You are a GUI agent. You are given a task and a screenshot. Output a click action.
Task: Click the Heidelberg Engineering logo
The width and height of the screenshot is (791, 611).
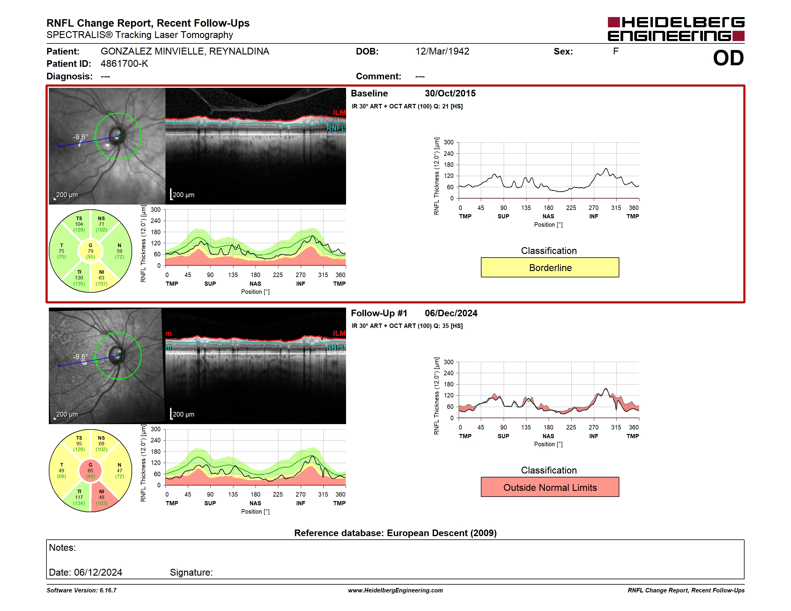[676, 29]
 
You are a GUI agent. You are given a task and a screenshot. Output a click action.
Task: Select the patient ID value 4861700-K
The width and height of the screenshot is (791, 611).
[124, 64]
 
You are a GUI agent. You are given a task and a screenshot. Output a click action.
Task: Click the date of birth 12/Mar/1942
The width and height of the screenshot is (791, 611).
[442, 52]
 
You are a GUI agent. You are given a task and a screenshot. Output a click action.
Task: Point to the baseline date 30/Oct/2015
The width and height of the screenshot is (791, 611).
[450, 93]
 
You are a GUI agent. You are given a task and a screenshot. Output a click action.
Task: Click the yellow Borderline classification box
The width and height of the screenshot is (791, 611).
[550, 267]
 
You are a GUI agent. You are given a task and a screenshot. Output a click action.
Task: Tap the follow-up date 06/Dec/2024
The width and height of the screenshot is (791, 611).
[451, 313]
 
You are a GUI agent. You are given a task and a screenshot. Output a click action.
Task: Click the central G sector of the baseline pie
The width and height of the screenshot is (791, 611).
[90, 251]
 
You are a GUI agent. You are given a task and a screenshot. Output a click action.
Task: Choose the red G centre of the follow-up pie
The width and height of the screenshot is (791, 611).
[90, 471]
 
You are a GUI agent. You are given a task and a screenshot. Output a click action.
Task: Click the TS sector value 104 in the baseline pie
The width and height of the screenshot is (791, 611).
[79, 224]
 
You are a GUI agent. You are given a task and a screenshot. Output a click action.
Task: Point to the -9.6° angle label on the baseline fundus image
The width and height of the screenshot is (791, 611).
[80, 137]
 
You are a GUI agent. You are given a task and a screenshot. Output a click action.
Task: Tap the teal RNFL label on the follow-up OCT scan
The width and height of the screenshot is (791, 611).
[336, 347]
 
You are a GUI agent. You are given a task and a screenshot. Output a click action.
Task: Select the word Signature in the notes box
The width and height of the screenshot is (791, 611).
[191, 572]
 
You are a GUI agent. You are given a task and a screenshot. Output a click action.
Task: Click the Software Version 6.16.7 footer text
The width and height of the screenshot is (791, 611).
[81, 590]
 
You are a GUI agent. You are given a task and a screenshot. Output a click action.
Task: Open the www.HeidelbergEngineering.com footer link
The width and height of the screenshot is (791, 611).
[395, 590]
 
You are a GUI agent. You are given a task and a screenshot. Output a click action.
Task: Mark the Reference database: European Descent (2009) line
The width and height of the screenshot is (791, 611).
[395, 533]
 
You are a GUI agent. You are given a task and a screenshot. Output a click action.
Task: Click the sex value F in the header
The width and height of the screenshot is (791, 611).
[616, 52]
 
